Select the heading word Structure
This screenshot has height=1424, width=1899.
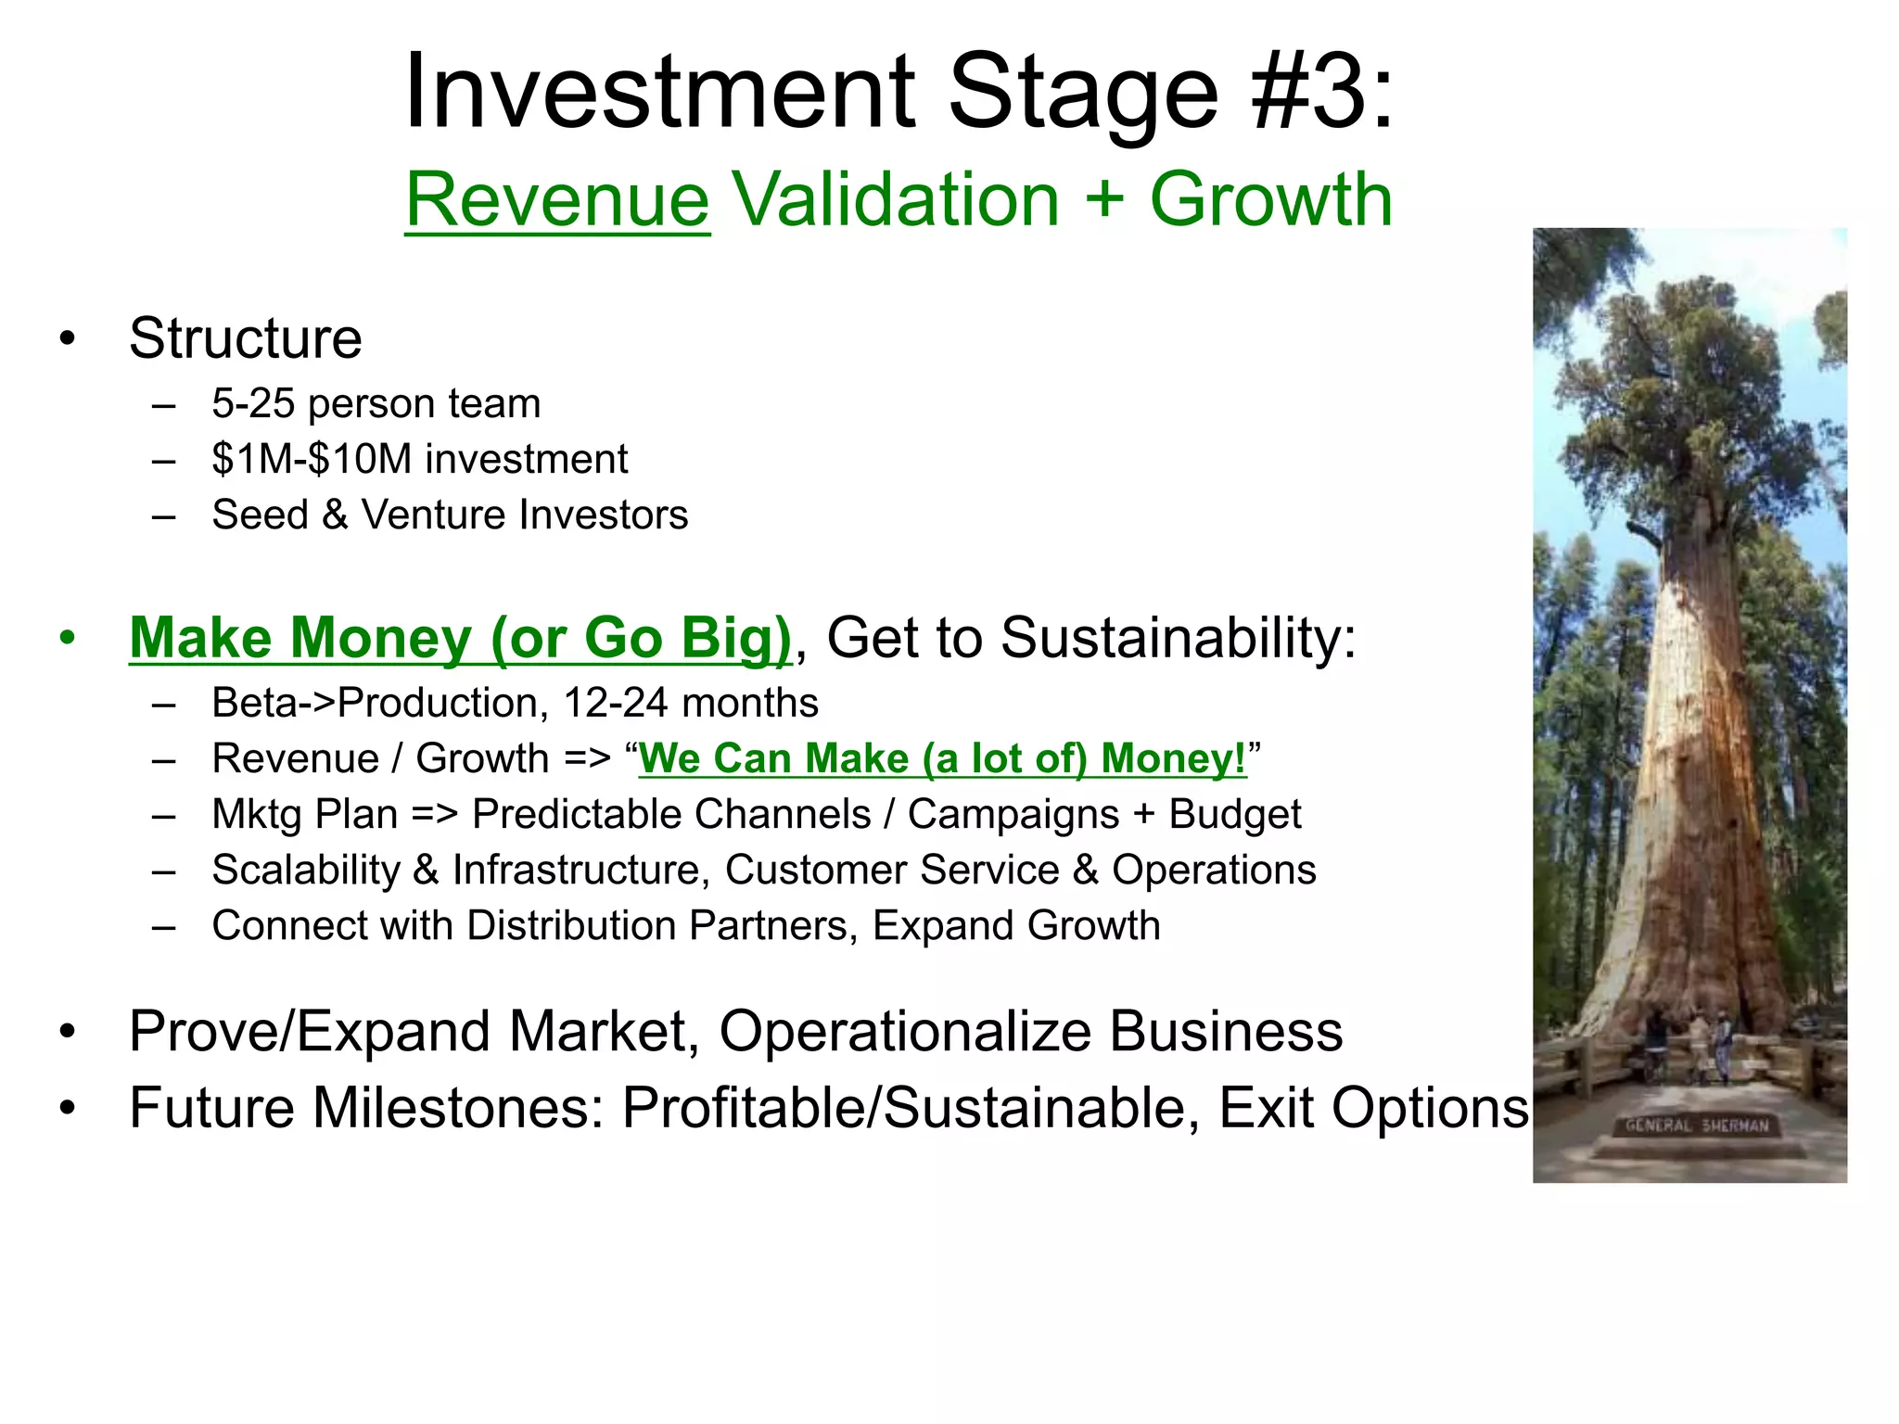(x=245, y=338)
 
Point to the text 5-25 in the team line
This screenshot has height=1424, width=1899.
(x=252, y=404)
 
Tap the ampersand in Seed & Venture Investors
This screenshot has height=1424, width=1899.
(x=335, y=515)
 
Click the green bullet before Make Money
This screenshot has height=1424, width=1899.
(x=67, y=639)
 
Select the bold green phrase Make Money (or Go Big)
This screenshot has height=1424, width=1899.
(x=461, y=639)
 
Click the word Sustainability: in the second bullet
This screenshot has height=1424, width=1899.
(x=1179, y=639)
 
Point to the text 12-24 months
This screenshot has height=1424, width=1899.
(x=691, y=704)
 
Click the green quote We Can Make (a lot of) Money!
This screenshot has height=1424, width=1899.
(x=942, y=759)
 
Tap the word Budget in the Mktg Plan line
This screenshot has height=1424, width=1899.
(x=1234, y=815)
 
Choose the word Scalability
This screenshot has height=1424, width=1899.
(x=306, y=871)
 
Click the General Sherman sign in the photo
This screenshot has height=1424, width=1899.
(x=1697, y=1126)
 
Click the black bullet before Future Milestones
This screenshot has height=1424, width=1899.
(x=67, y=1108)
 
